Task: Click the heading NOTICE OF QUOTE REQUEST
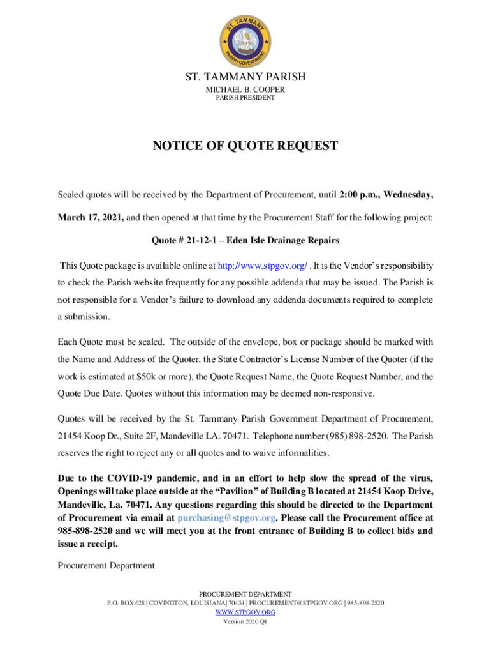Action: (x=246, y=146)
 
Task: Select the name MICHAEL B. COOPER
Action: (x=246, y=89)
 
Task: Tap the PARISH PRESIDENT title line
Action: (x=246, y=98)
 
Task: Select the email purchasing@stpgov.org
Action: (x=226, y=518)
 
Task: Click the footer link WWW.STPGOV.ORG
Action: (x=246, y=612)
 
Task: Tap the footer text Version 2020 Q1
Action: (x=246, y=621)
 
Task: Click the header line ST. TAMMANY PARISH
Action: (x=246, y=77)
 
